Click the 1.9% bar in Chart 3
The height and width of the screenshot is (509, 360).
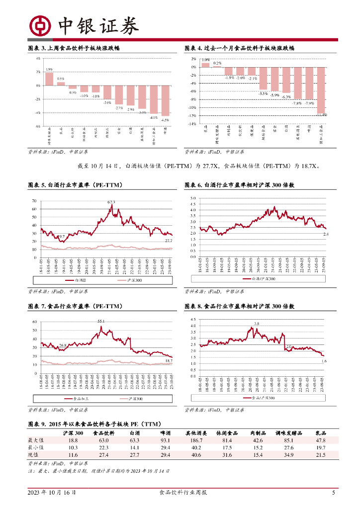(49, 79)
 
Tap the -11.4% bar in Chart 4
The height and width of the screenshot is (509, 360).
(322, 90)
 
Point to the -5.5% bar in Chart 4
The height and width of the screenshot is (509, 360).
(263, 79)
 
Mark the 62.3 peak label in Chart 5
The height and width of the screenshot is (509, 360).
(111, 202)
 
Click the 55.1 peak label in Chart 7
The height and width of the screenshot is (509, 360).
(101, 321)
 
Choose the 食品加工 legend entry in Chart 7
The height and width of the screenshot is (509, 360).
(76, 399)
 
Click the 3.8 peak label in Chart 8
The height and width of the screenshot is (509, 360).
(257, 324)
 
